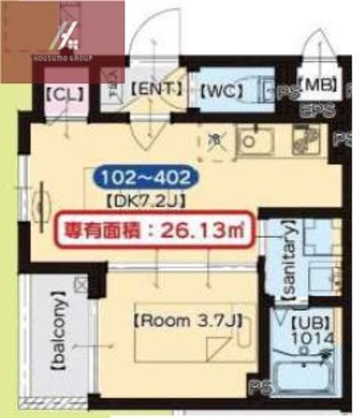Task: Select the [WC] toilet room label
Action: pyautogui.click(x=221, y=91)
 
